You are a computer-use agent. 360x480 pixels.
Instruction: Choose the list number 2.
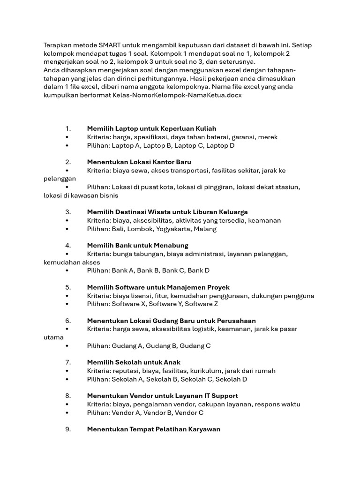tap(68, 162)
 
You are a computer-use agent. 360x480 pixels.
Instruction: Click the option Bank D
tap(198, 270)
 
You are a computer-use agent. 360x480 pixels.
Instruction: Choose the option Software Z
tap(202, 304)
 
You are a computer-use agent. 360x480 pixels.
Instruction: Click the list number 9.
tap(68, 429)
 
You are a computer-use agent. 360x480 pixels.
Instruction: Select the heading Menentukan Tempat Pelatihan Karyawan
tap(153, 429)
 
